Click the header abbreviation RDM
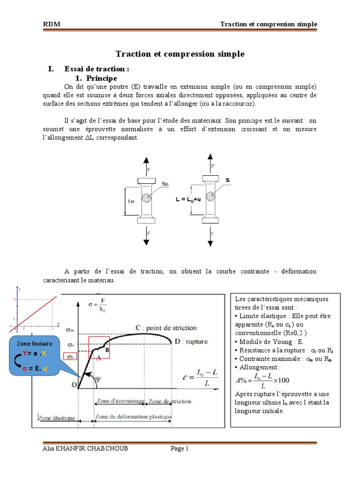(x=52, y=24)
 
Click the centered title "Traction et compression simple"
(x=180, y=54)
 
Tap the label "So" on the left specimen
(x=165, y=184)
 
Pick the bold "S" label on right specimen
(x=227, y=180)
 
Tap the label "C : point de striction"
(x=166, y=328)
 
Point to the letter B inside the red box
(x=107, y=350)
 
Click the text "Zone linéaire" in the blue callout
(x=35, y=344)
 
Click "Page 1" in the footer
(x=180, y=449)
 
